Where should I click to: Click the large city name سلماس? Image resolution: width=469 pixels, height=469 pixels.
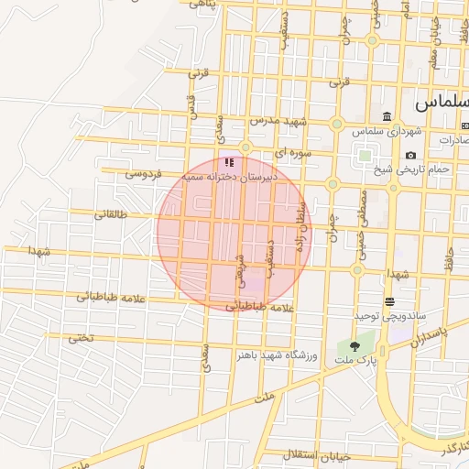(440, 102)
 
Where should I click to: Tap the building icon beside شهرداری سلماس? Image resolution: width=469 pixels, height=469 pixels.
(388, 117)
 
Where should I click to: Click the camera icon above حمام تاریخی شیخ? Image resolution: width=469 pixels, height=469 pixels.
(410, 156)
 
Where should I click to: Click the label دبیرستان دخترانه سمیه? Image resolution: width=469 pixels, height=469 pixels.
(224, 174)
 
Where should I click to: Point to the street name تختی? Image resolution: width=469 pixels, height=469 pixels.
(81, 338)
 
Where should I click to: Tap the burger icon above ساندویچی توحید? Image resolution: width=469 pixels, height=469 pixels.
(390, 301)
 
